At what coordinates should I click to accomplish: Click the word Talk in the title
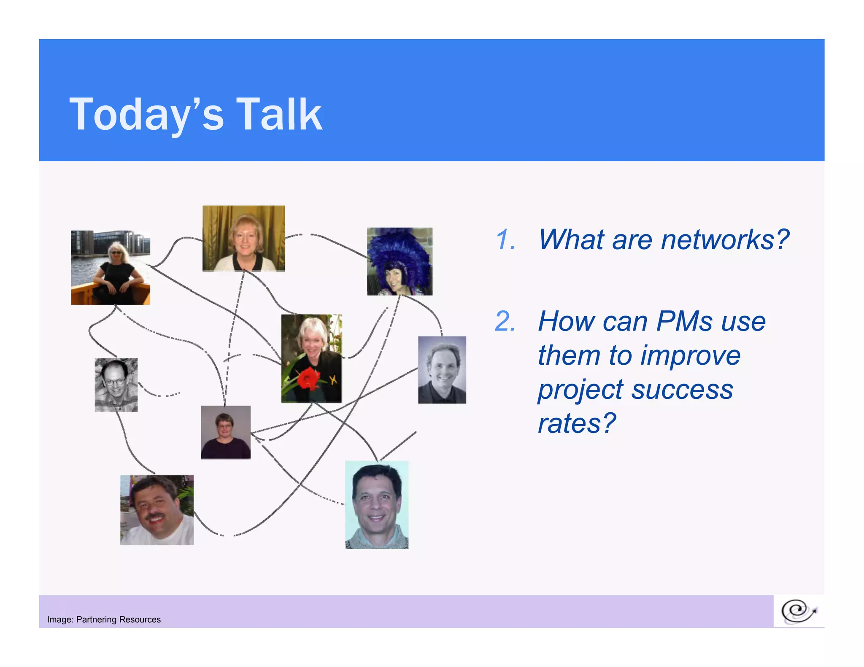click(279, 114)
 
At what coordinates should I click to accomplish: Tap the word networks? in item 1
click(725, 239)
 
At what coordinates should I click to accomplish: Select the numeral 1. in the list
click(505, 239)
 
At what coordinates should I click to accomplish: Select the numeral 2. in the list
click(505, 321)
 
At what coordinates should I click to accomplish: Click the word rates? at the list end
click(577, 423)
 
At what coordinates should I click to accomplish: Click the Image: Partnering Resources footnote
click(104, 619)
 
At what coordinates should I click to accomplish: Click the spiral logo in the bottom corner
click(799, 611)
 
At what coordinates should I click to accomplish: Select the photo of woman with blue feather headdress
click(400, 261)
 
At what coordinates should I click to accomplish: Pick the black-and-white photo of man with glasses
click(116, 385)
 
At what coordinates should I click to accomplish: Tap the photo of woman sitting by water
click(111, 267)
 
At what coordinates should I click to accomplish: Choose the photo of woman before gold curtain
click(243, 238)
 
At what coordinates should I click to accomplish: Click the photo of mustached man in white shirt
click(157, 510)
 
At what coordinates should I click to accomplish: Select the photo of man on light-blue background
click(377, 505)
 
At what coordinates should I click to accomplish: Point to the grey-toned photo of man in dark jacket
click(442, 369)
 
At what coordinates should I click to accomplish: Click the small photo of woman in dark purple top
click(225, 432)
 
